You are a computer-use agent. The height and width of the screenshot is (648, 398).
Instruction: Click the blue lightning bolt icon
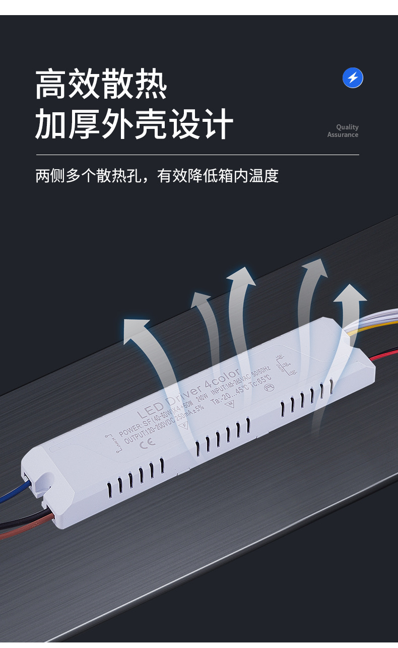click(x=353, y=78)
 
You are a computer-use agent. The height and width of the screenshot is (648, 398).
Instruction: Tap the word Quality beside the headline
click(x=347, y=127)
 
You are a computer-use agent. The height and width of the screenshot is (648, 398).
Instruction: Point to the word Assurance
click(x=343, y=134)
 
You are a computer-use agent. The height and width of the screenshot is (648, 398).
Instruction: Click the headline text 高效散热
click(x=101, y=84)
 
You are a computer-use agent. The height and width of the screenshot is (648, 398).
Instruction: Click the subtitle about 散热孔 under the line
click(x=157, y=176)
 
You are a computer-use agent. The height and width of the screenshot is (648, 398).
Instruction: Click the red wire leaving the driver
click(x=385, y=354)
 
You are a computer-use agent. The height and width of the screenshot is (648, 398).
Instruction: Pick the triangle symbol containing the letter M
click(x=232, y=404)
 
